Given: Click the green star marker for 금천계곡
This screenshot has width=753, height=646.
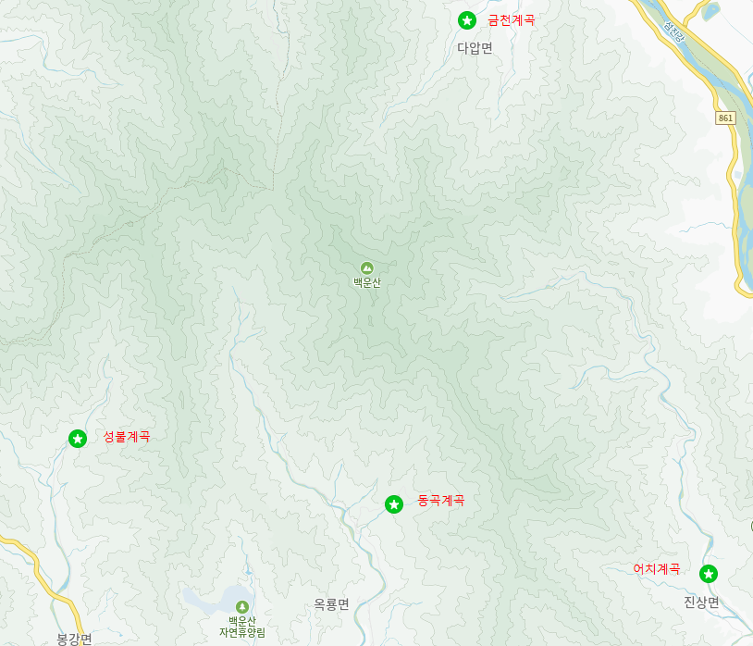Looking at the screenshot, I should (x=467, y=20).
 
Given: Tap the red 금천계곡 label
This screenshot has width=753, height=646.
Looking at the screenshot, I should (x=512, y=20).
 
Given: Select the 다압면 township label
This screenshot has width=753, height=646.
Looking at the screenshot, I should (x=475, y=48).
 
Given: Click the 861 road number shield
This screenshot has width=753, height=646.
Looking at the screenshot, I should (x=726, y=118).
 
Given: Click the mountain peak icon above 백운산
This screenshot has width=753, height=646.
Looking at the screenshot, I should (x=367, y=267).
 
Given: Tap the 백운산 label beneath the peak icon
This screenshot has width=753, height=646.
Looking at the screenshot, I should (x=367, y=283).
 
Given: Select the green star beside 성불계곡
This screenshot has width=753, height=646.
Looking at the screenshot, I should (x=78, y=438).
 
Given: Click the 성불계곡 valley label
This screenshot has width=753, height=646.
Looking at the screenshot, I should (x=127, y=437).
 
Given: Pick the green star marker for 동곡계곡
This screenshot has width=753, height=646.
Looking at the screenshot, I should (x=394, y=504).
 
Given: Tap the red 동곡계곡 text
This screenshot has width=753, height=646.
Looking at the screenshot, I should (x=441, y=501).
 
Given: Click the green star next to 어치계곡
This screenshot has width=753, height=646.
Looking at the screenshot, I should (x=709, y=574).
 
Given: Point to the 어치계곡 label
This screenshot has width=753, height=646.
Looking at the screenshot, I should (x=657, y=569).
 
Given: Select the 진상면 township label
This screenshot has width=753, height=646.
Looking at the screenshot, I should (x=701, y=602).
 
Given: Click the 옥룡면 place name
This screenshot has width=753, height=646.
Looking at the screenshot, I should (x=331, y=604).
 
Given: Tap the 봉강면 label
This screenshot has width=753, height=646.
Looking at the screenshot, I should (x=74, y=639).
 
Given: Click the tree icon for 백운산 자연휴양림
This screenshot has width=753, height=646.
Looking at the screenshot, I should (x=242, y=606).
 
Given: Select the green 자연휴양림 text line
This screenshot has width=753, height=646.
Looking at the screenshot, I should (x=242, y=632).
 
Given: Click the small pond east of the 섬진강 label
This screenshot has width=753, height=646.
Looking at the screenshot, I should (x=710, y=11).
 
